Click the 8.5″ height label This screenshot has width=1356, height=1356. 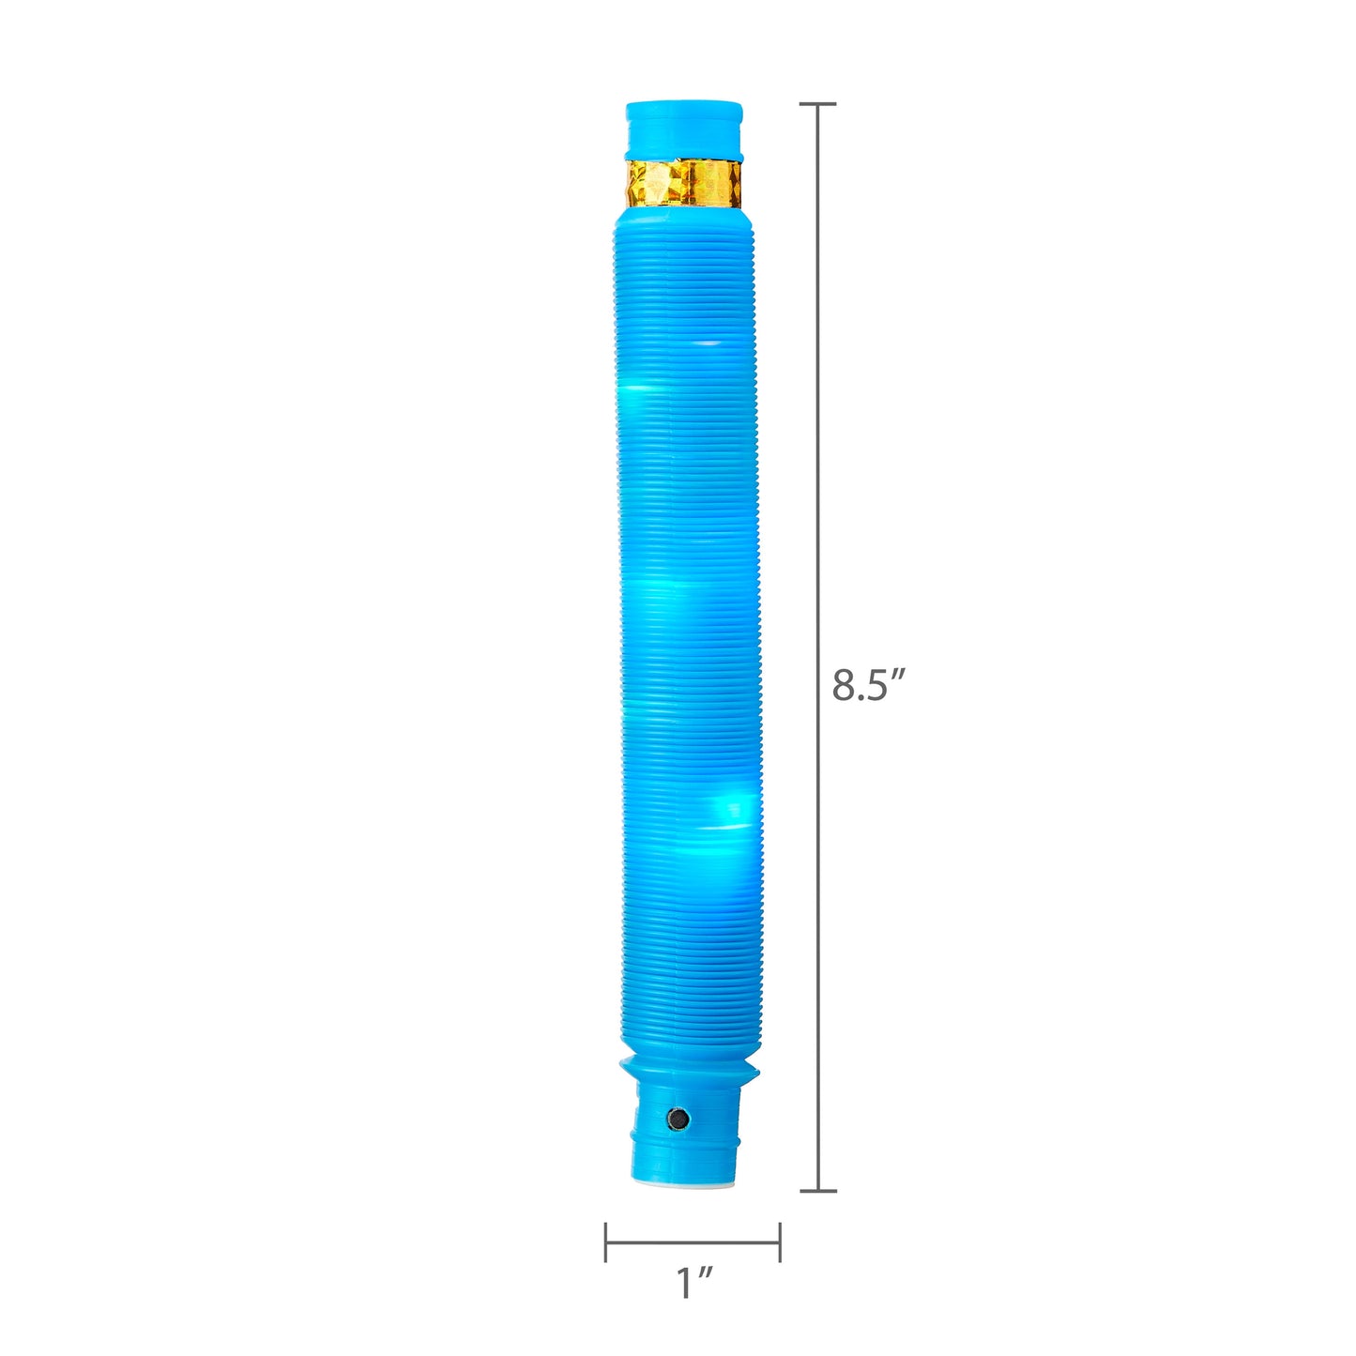tap(869, 685)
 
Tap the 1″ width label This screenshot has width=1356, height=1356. tap(695, 1283)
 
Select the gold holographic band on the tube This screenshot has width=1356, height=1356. tap(684, 184)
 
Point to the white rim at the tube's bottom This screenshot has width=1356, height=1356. tap(688, 1184)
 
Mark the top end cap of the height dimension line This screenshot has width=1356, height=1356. tap(818, 104)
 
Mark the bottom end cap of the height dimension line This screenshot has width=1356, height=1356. tap(818, 1191)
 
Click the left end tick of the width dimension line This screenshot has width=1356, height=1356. tap(606, 1242)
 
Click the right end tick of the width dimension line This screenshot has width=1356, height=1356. tap(780, 1242)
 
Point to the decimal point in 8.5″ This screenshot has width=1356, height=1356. tap(861, 699)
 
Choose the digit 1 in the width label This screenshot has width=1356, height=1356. tap(686, 1284)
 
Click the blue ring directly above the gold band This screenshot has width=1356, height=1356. tap(684, 152)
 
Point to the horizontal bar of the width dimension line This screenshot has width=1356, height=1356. tap(693, 1243)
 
